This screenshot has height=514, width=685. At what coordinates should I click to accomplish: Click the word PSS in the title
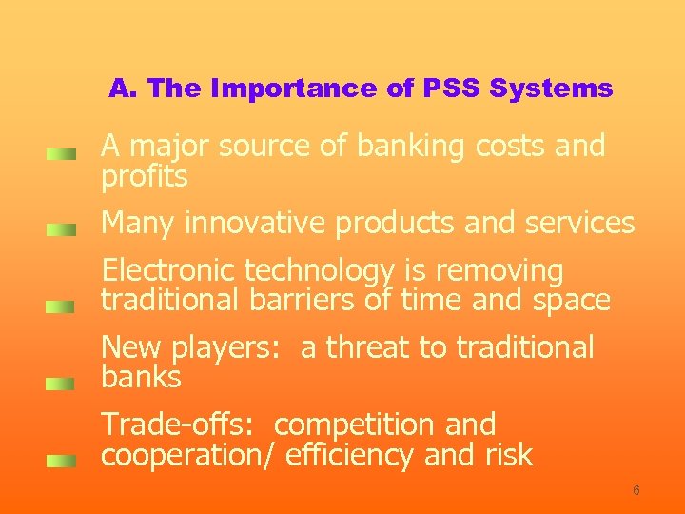pyautogui.click(x=450, y=89)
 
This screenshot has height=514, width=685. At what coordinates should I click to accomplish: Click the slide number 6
pyautogui.click(x=636, y=490)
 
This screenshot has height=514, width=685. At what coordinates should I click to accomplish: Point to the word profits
pyautogui.click(x=145, y=176)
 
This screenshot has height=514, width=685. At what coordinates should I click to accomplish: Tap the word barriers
pyautogui.click(x=303, y=301)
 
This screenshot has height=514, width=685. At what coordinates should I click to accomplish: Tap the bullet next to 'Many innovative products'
pyautogui.click(x=62, y=229)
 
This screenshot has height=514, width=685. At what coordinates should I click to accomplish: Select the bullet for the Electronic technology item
pyautogui.click(x=62, y=306)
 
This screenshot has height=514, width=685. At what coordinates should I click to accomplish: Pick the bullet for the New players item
pyautogui.click(x=62, y=384)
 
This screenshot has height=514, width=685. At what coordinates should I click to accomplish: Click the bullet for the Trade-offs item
pyautogui.click(x=62, y=461)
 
